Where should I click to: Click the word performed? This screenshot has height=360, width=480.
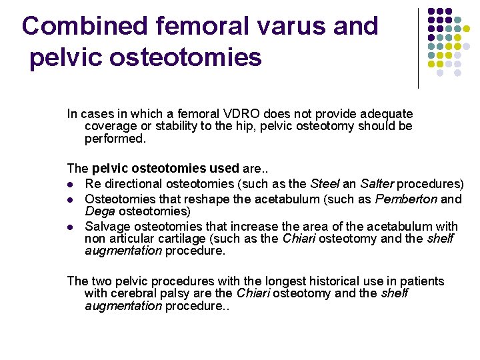[114, 139]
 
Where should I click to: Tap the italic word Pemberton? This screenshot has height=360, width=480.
[406, 199]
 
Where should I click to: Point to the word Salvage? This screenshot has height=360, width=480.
[106, 227]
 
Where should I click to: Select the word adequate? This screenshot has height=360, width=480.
[387, 114]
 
